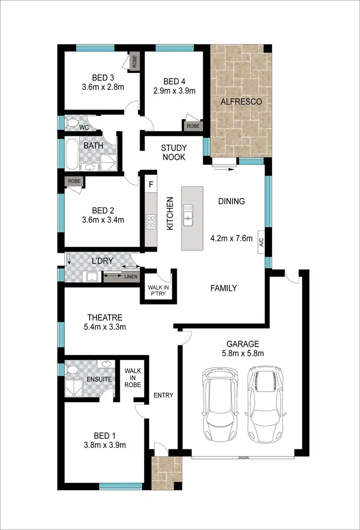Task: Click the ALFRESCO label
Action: click(x=241, y=102)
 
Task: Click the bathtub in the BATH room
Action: click(x=72, y=154)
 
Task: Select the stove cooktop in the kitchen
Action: click(x=151, y=221)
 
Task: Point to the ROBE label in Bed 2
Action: click(x=74, y=181)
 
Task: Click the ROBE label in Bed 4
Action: click(x=193, y=126)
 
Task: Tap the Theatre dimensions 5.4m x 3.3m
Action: click(x=104, y=327)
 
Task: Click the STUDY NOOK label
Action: click(x=174, y=152)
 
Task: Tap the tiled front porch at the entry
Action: click(x=167, y=473)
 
